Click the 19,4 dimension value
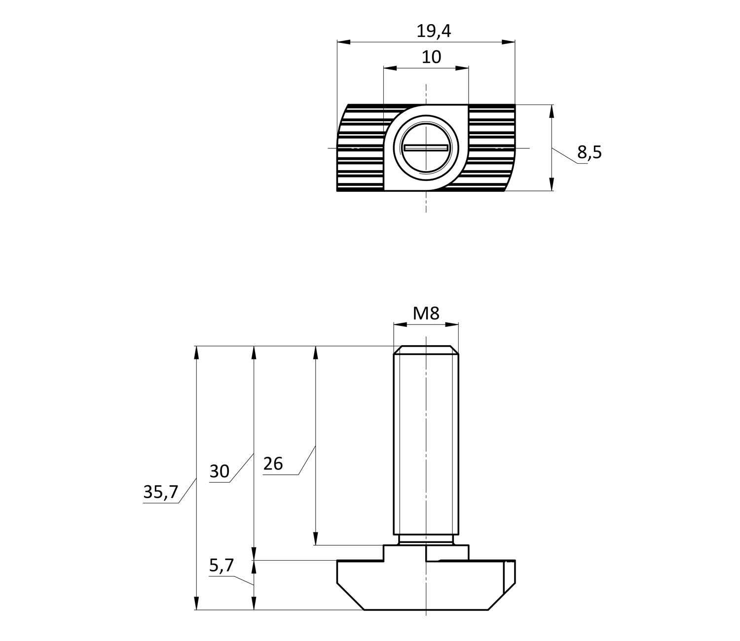(x=434, y=31)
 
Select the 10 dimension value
(x=431, y=57)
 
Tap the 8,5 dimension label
(x=589, y=152)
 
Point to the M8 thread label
(x=426, y=313)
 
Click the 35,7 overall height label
(x=160, y=492)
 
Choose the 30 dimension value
(x=219, y=471)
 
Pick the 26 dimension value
(x=273, y=464)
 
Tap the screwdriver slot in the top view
(x=426, y=147)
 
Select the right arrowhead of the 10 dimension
(x=462, y=68)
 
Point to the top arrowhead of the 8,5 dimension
(x=552, y=111)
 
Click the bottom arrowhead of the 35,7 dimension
(x=196, y=603)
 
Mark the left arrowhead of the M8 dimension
(x=400, y=324)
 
